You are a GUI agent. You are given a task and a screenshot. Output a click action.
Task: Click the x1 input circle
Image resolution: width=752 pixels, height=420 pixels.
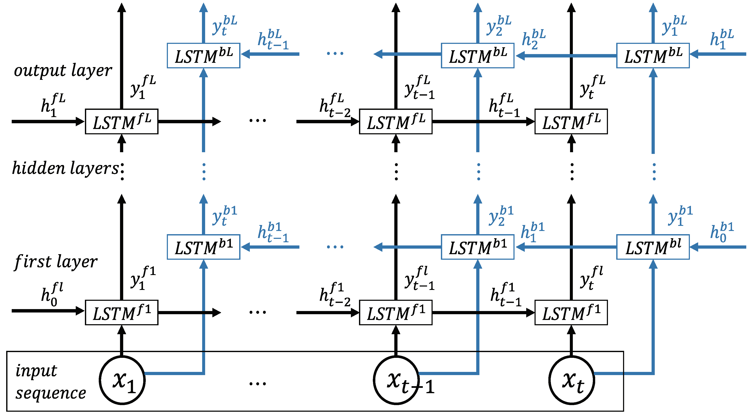(122, 380)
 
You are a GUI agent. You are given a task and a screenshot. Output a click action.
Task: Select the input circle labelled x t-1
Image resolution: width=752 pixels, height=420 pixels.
(396, 380)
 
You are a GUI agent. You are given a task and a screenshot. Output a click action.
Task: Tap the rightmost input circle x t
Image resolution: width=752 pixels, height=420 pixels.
(572, 380)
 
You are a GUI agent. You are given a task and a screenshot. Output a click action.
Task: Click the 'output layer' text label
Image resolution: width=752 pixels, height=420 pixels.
(63, 71)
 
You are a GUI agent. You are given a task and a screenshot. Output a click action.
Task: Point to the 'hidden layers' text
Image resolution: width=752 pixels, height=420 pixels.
(66, 169)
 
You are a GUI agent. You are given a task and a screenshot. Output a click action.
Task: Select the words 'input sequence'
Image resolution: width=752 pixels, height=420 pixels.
(50, 382)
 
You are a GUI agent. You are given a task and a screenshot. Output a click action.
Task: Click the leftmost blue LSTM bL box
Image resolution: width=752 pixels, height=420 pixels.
(203, 56)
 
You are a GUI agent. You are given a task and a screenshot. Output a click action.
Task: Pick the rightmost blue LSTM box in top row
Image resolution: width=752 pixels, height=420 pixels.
(653, 56)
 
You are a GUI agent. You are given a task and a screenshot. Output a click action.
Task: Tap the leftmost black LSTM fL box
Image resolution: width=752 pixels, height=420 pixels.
(122, 122)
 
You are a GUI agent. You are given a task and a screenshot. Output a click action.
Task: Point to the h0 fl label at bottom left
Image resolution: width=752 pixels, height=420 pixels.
(52, 294)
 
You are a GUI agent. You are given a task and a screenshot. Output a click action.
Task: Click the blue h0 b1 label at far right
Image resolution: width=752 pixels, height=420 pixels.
(722, 232)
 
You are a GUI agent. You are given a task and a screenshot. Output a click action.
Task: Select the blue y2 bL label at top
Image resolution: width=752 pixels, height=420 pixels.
(499, 25)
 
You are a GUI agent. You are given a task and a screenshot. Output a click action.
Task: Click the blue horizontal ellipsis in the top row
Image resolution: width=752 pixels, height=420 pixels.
(335, 53)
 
